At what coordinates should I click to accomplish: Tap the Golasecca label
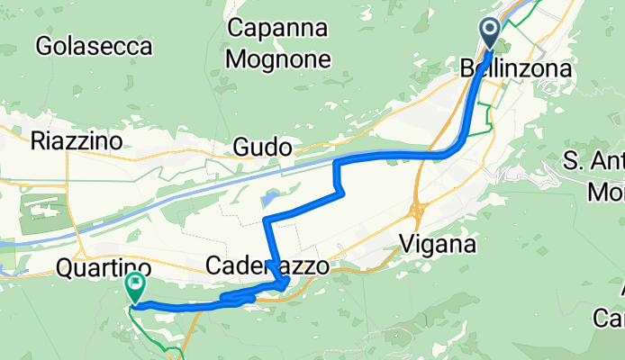94,46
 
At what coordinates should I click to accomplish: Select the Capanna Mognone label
279,44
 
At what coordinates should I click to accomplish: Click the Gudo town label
262,147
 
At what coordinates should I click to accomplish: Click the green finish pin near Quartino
135,287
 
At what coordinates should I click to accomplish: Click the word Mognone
279,59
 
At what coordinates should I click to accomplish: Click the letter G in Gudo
240,147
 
